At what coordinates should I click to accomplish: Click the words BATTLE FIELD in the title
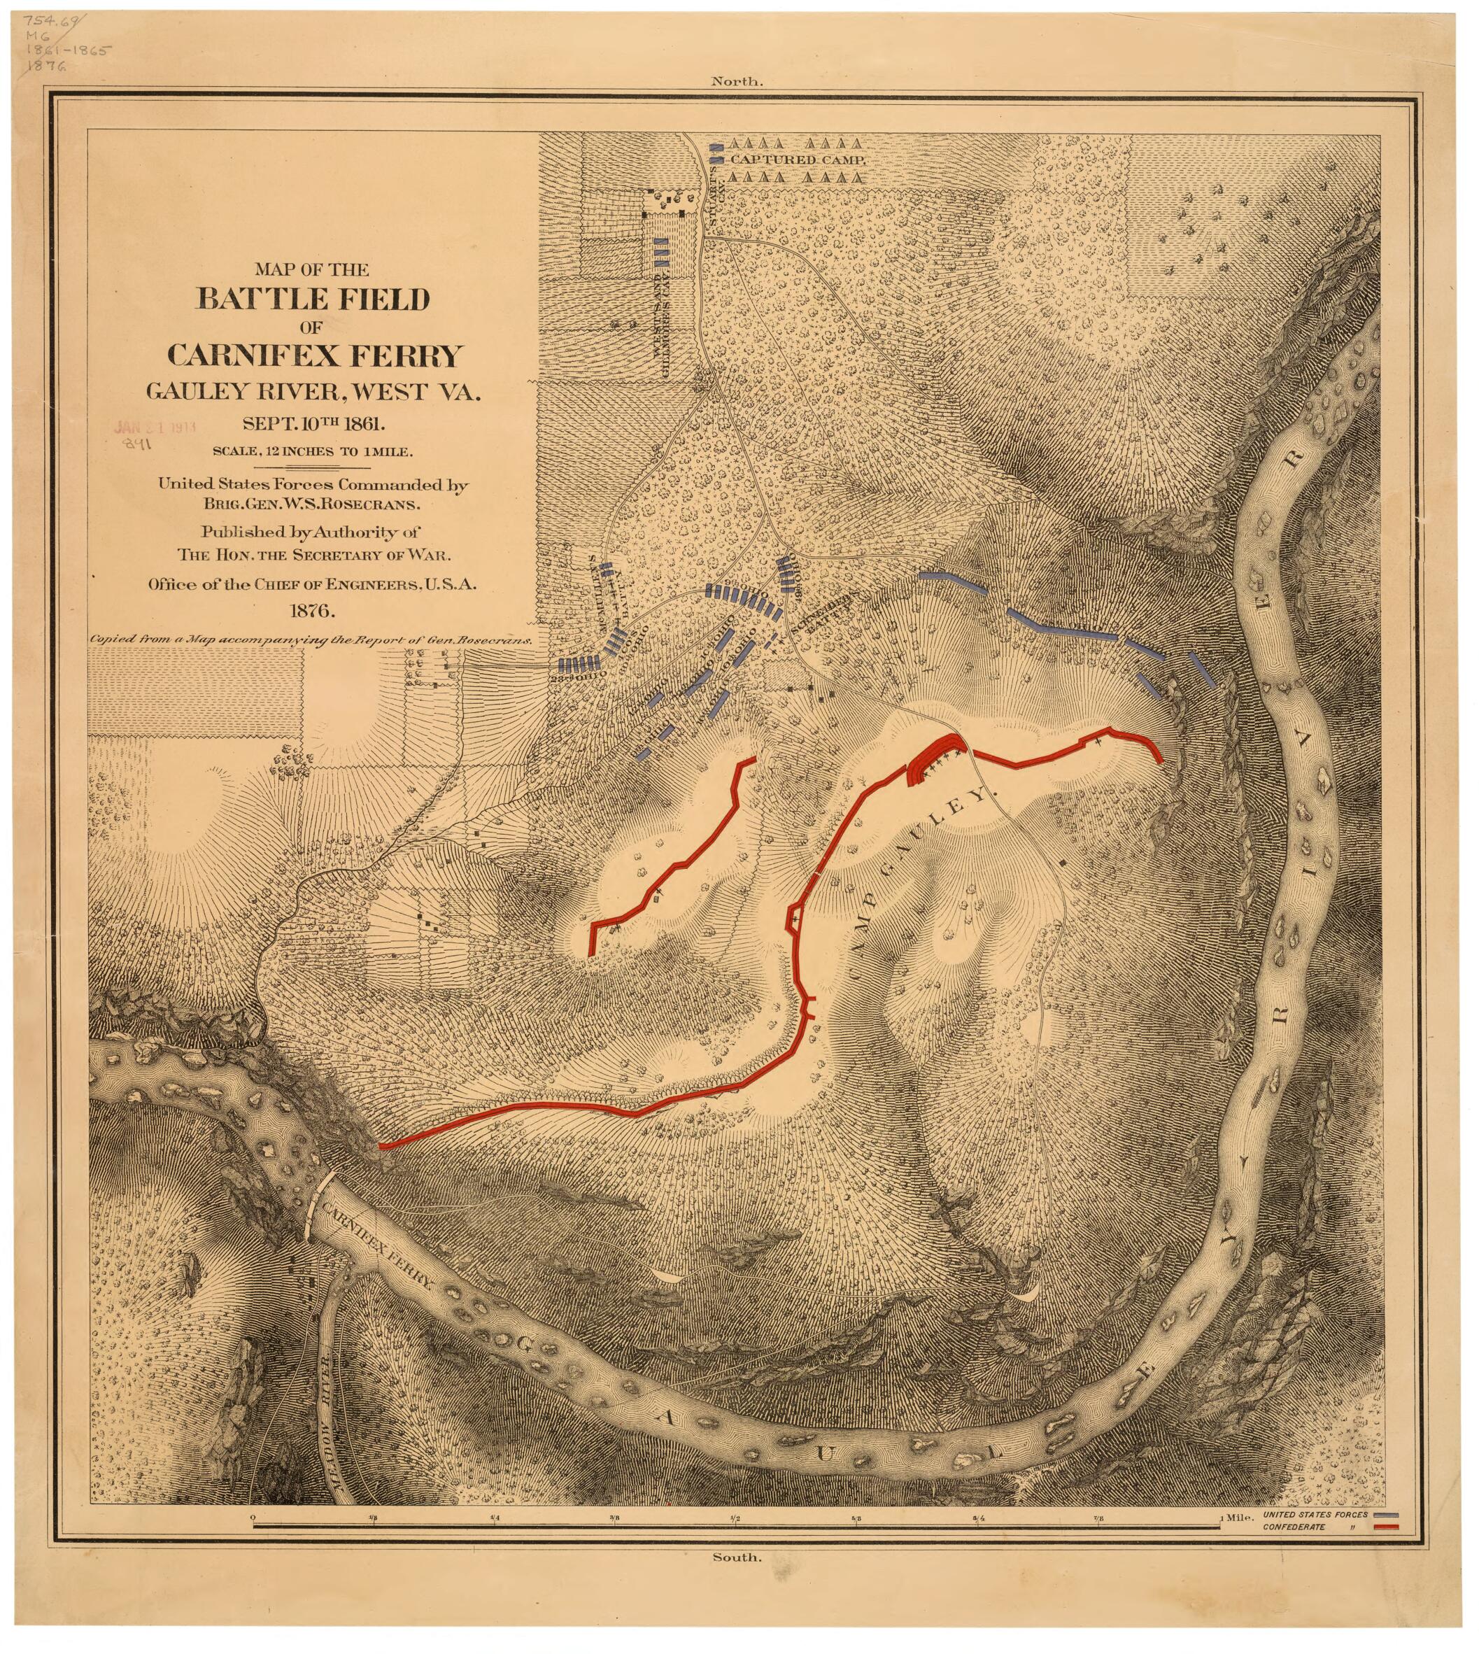tap(313, 300)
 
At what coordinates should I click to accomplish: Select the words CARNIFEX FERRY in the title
tap(315, 355)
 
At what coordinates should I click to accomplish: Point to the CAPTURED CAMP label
tap(798, 160)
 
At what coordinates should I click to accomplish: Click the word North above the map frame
tap(737, 81)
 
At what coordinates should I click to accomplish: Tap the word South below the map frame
tap(737, 1557)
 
